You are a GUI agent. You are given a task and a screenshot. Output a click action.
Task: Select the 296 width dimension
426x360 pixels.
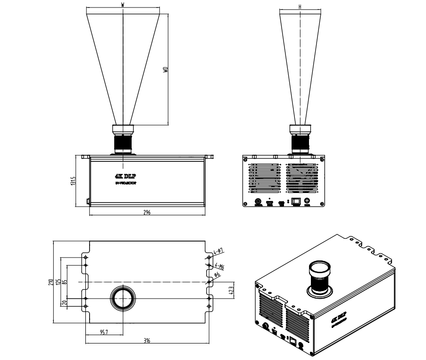(x=147, y=213)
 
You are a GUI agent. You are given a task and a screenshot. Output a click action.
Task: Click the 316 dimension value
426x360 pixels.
(x=147, y=341)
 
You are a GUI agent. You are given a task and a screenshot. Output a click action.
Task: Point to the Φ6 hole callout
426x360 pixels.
(x=217, y=275)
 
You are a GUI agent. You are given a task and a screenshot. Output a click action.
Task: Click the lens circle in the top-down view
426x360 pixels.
(x=123, y=298)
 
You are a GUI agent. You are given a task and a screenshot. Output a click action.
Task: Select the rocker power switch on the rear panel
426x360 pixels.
(x=295, y=201)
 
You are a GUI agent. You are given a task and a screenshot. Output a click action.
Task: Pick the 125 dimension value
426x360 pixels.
(x=58, y=282)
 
